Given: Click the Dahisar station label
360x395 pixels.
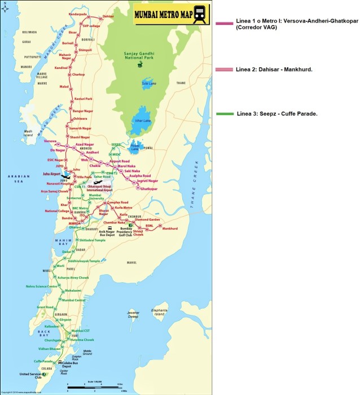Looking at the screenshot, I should [x=108, y=17].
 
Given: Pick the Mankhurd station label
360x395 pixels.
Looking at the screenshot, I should [x=169, y=229].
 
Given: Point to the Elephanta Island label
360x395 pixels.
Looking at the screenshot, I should [x=159, y=311].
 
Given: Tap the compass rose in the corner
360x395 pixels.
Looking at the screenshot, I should [x=6, y=7].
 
